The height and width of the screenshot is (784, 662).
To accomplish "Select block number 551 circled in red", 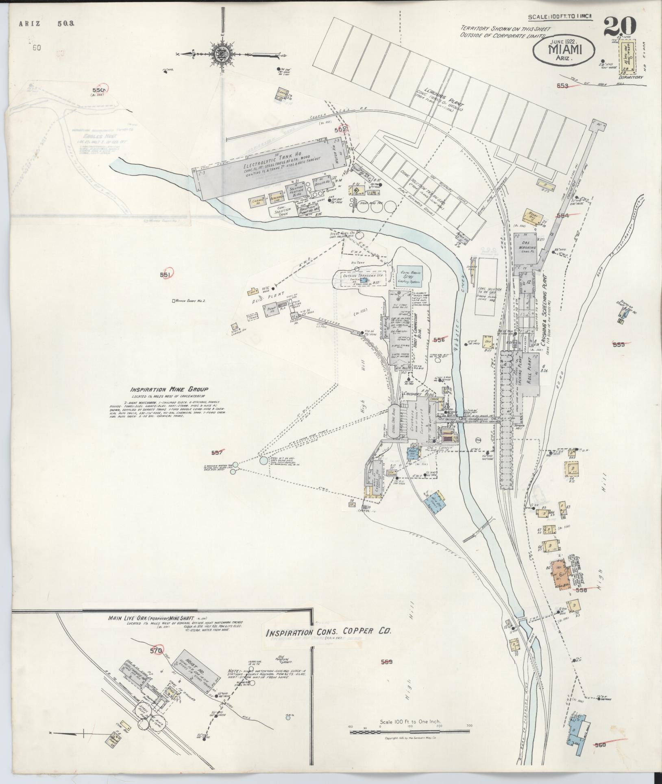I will click(165, 275).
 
